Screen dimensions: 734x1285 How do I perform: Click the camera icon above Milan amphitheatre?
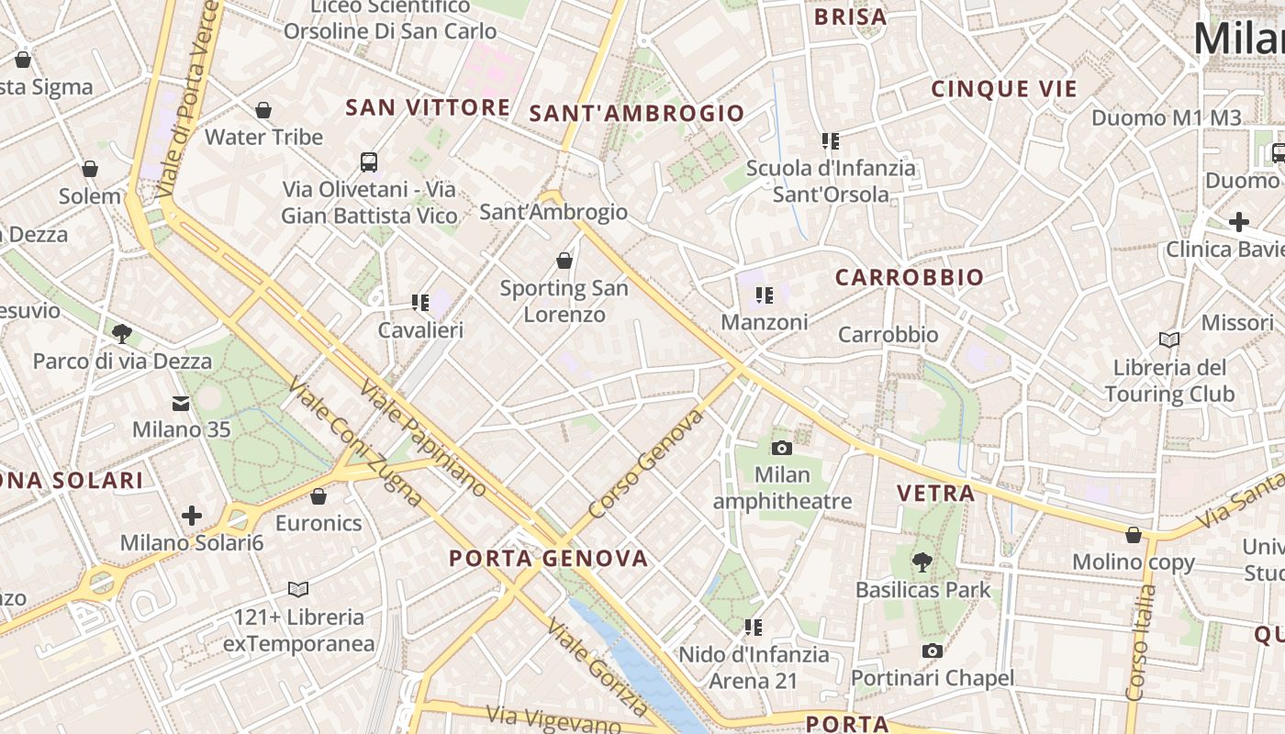(x=781, y=448)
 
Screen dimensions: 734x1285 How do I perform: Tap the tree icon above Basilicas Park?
(x=922, y=562)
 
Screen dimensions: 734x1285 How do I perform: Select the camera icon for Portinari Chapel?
(x=933, y=651)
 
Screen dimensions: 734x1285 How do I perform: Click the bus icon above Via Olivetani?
(x=369, y=162)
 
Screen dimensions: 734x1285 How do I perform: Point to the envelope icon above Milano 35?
(x=181, y=403)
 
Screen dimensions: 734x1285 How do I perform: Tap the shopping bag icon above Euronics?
(x=318, y=496)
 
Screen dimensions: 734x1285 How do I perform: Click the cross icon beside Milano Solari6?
(x=192, y=516)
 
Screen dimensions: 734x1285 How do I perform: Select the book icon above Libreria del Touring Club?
(x=1168, y=340)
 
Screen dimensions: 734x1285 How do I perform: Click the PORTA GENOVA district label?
(x=548, y=558)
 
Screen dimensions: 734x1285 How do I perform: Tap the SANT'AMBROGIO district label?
(x=636, y=114)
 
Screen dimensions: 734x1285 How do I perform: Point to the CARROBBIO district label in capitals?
(x=909, y=277)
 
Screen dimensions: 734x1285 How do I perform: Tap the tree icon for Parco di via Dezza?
(x=121, y=333)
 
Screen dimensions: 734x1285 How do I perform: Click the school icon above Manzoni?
(x=764, y=295)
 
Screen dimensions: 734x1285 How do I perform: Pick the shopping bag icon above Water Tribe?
(x=263, y=110)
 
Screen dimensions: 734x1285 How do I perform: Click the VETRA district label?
(x=935, y=493)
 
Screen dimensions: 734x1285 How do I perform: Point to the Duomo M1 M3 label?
(x=1166, y=117)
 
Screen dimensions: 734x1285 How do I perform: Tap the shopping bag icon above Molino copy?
(x=1134, y=534)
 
